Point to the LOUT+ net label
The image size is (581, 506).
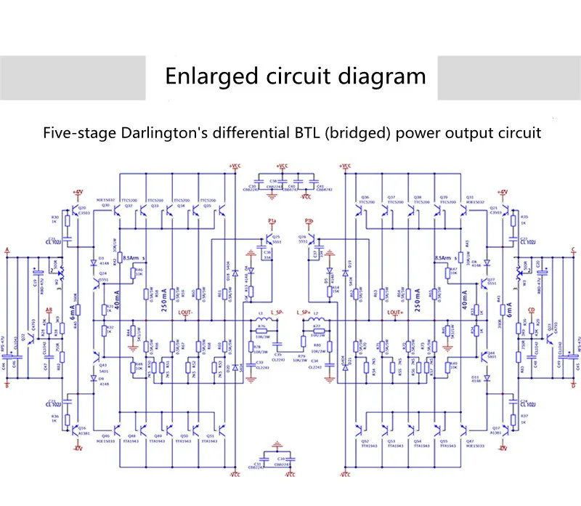click(396, 313)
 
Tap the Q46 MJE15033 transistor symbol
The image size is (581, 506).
click(118, 426)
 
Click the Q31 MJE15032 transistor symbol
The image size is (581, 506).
click(465, 209)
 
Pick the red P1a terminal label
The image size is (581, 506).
click(272, 220)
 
